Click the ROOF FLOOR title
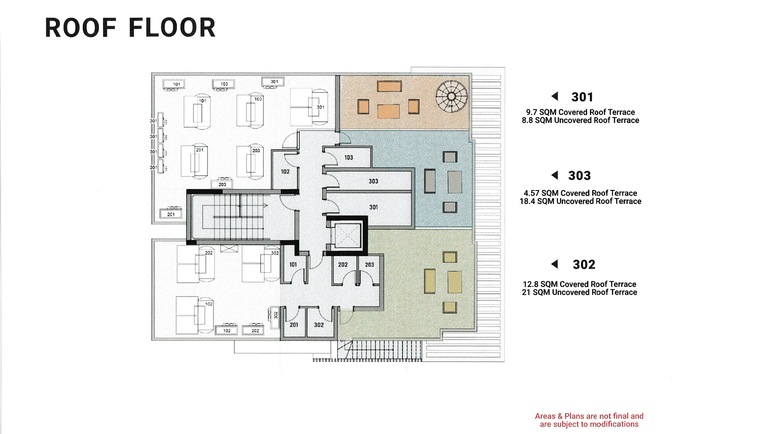tap(130, 28)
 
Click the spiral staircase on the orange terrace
tap(452, 96)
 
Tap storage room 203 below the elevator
tap(369, 269)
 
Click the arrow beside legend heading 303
tap(555, 175)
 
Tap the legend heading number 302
tap(584, 264)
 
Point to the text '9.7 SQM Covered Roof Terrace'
tap(580, 112)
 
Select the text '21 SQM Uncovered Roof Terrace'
tap(579, 292)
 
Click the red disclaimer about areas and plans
tap(589, 420)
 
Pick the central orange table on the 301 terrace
tap(388, 111)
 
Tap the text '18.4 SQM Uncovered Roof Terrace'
tap(580, 201)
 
